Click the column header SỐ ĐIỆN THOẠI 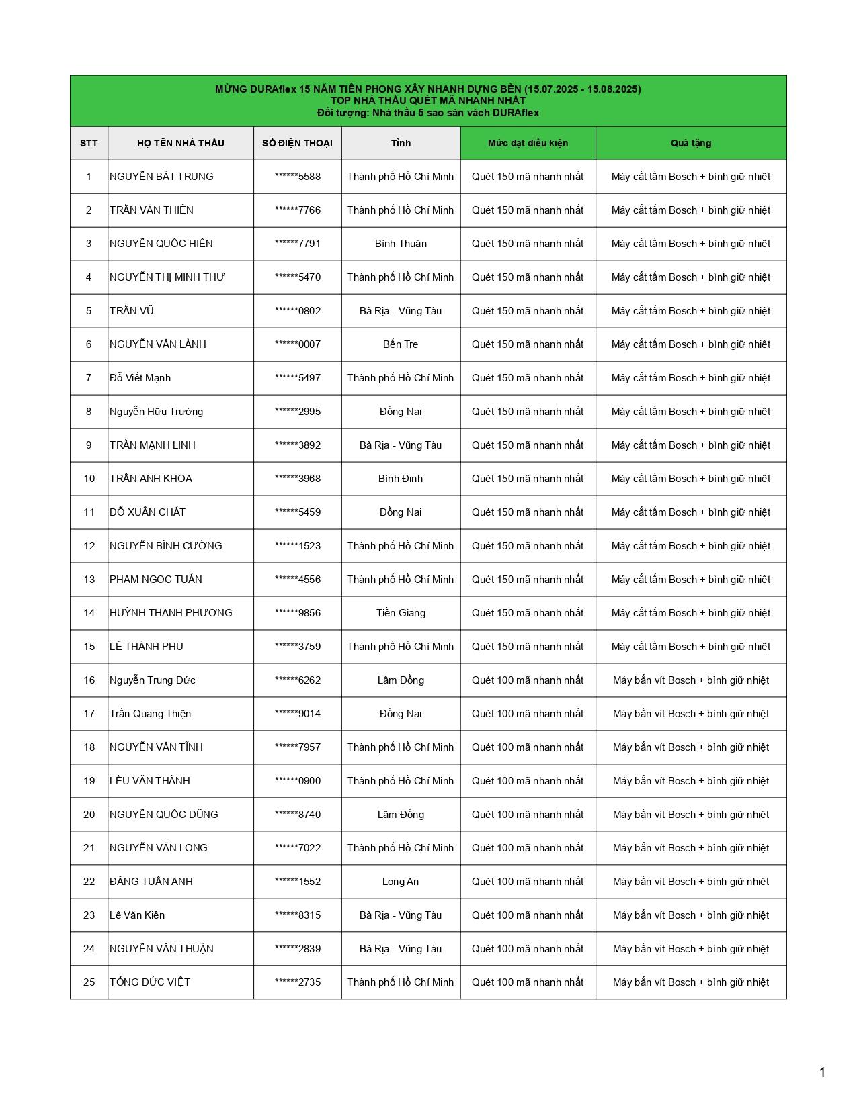click(297, 143)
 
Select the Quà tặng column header click(690, 143)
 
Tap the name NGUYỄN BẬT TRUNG click(161, 177)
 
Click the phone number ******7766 click(298, 210)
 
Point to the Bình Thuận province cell click(401, 244)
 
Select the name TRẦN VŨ click(132, 311)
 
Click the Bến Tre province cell click(401, 344)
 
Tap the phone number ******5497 click(298, 378)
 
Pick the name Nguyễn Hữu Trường click(156, 412)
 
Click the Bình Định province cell click(401, 479)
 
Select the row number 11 click(89, 512)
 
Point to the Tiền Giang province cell click(401, 613)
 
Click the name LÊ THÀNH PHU click(147, 647)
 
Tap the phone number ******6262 click(298, 680)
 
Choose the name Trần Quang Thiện click(150, 714)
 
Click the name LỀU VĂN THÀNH click(150, 781)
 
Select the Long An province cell click(401, 882)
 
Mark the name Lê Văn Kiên click(137, 915)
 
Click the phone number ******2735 click(298, 982)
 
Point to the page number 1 click(822, 1072)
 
